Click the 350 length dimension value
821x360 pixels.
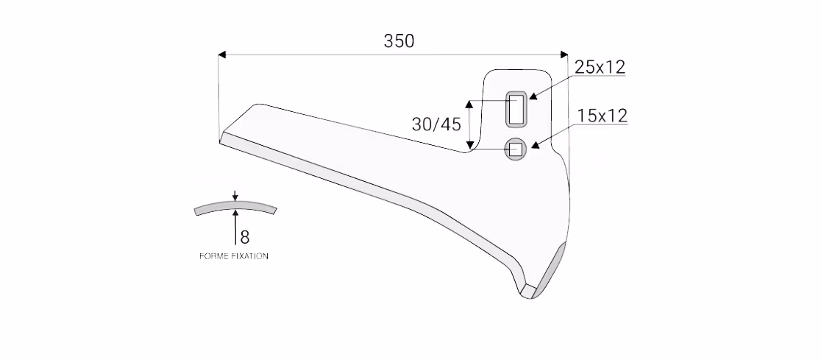tap(399, 41)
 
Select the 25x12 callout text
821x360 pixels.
tap(600, 67)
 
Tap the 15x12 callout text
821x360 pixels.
tap(602, 116)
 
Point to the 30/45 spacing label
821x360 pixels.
tap(436, 124)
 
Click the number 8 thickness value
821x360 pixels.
tap(244, 237)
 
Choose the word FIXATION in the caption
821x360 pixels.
tap(249, 256)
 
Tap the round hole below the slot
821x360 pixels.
tap(516, 149)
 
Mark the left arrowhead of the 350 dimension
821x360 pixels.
tap(222, 54)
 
